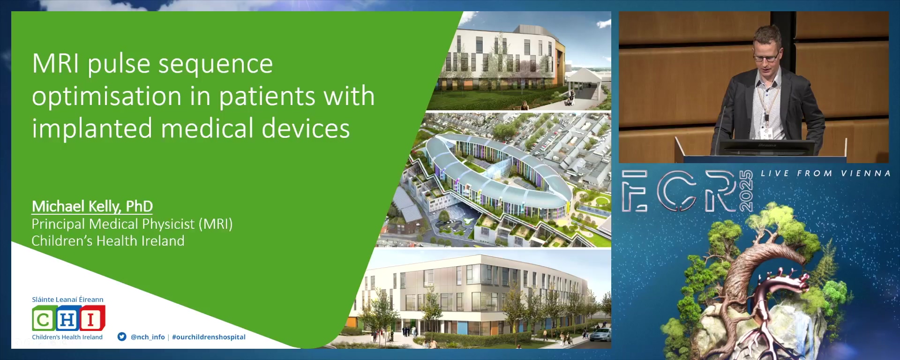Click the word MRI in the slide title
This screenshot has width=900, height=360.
(55, 63)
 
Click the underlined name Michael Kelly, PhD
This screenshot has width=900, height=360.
(92, 206)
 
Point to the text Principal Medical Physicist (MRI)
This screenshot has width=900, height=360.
(132, 224)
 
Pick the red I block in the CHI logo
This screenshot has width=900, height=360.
(92, 318)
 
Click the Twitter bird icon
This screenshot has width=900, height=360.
(122, 337)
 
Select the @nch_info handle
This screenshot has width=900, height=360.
(148, 337)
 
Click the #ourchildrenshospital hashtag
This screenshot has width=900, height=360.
(209, 337)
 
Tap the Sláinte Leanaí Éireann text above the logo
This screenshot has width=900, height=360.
(67, 300)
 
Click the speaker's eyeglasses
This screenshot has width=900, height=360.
(767, 58)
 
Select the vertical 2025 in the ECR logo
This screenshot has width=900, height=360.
(746, 191)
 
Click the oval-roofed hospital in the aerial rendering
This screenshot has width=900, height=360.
(497, 178)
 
